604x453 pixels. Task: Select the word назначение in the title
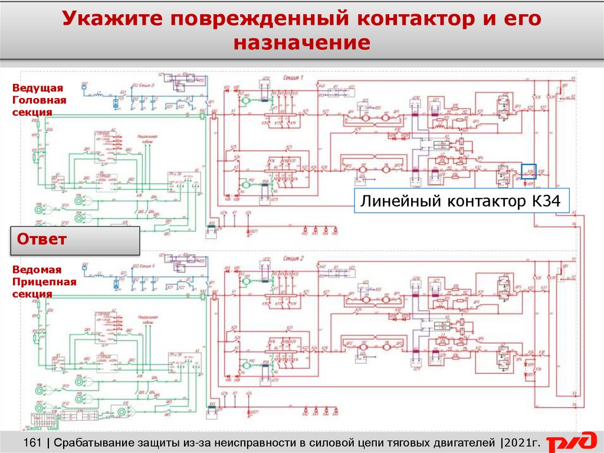tap(302, 44)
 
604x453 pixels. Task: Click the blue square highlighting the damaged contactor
tap(528, 171)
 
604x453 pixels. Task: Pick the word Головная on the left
tap(39, 100)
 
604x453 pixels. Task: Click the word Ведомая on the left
tap(37, 270)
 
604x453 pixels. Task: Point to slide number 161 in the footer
tap(33, 442)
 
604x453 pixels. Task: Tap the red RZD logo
tap(571, 442)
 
